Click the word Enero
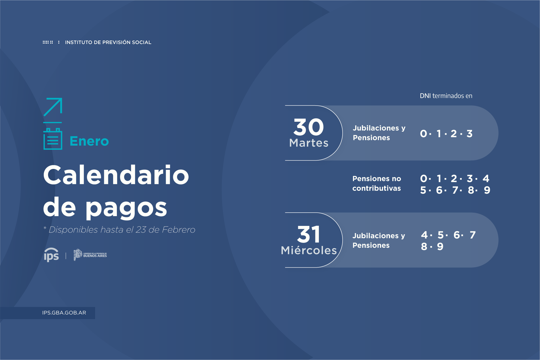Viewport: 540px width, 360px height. click(89, 141)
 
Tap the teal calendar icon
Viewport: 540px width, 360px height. click(53, 139)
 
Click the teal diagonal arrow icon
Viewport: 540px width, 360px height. click(53, 107)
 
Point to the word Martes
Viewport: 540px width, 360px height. click(309, 143)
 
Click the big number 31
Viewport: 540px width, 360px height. click(309, 234)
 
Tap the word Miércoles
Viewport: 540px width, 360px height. click(309, 250)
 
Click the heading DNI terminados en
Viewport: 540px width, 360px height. click(446, 96)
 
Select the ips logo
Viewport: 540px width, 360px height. click(52, 255)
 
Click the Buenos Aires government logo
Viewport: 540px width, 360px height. click(90, 255)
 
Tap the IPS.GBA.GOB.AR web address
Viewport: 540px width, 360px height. click(64, 313)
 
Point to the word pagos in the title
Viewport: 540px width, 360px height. click(126, 208)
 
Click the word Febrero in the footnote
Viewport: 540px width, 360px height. click(178, 230)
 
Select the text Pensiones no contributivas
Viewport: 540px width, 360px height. click(377, 183)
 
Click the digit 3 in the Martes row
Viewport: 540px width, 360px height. click(469, 134)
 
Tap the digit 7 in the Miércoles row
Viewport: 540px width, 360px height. click(473, 235)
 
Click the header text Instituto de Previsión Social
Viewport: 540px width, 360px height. click(108, 42)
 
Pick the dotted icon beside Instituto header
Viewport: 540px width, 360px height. click(48, 42)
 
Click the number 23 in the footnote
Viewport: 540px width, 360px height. click(141, 230)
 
